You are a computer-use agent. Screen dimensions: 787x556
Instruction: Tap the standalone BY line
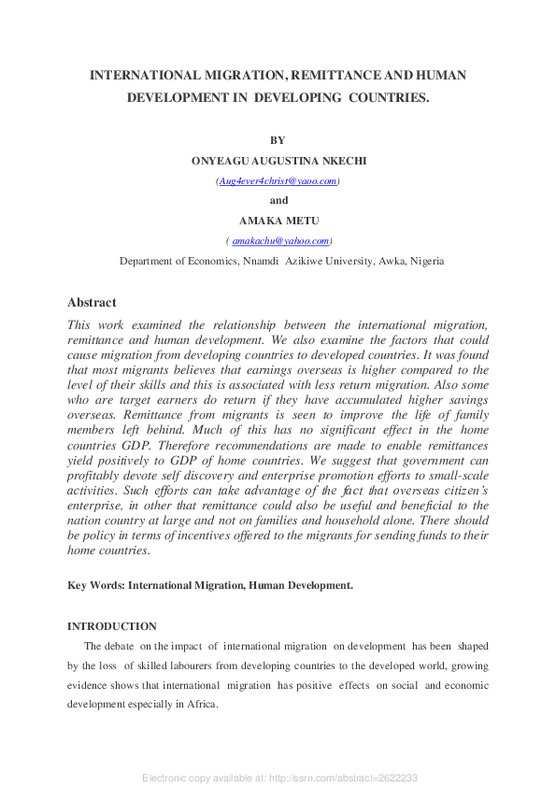[278, 140]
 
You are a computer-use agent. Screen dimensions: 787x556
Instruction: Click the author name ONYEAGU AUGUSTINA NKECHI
[278, 161]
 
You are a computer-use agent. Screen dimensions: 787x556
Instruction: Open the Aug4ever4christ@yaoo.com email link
[278, 180]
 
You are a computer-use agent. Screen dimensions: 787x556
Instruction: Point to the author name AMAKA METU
[278, 221]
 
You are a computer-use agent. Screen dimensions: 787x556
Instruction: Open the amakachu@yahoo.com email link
[280, 240]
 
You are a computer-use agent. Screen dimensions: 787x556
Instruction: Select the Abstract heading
[92, 303]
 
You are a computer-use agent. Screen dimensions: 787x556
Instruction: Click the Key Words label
[96, 585]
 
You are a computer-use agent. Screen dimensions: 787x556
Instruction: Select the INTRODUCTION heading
[112, 626]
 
